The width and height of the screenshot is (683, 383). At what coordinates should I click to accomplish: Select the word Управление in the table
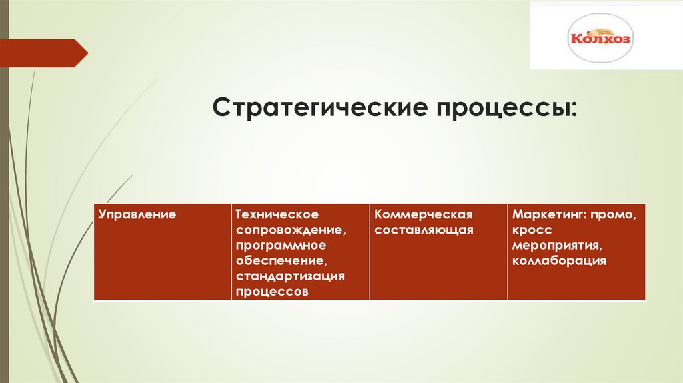(137, 214)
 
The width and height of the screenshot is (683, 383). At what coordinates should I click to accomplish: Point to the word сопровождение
(290, 230)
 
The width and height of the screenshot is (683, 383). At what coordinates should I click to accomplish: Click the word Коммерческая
(424, 214)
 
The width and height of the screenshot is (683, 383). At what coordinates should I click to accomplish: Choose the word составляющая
(424, 230)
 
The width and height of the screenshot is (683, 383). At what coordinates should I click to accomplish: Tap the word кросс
(532, 230)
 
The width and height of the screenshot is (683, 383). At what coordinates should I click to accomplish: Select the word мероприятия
(553, 245)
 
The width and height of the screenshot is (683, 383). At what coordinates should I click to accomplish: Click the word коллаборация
(559, 260)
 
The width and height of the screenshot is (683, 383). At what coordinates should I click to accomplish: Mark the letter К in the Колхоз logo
(576, 39)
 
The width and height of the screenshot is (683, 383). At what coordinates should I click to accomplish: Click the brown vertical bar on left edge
(3, 200)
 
